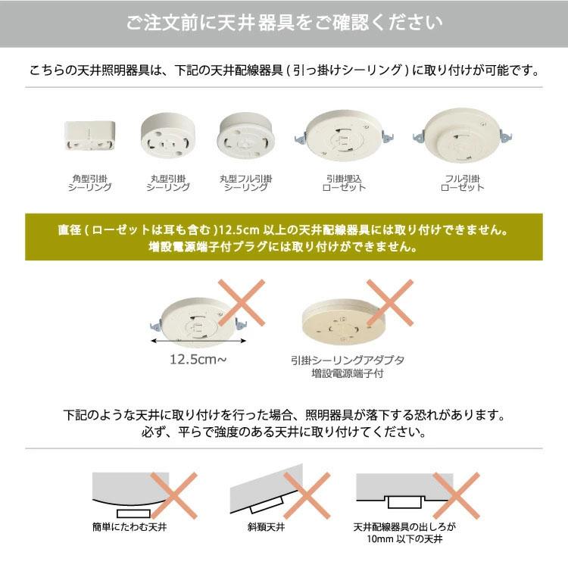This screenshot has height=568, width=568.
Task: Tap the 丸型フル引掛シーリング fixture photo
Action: tap(245, 134)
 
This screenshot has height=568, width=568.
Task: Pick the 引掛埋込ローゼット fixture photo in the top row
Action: tap(343, 136)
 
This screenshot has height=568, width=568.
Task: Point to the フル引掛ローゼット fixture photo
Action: tap(461, 135)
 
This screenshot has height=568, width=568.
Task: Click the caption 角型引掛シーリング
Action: tap(89, 183)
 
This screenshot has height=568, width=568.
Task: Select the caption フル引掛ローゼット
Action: tap(461, 183)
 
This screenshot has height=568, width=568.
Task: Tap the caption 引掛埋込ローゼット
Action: tap(344, 183)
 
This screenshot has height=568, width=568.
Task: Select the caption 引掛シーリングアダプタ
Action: tap(347, 361)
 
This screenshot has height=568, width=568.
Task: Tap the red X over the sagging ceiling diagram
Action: tap(173, 496)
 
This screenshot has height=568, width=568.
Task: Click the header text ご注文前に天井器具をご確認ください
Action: tap(284, 23)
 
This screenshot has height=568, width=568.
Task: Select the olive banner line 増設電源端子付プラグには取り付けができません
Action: tap(283, 247)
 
